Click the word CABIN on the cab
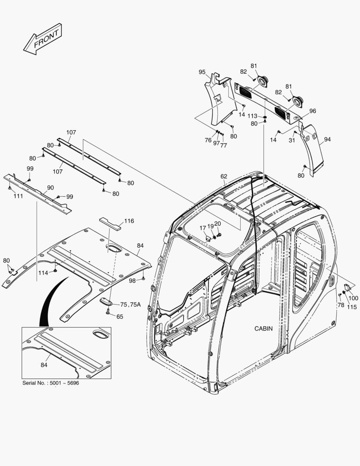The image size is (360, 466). (263, 328)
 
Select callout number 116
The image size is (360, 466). (129, 221)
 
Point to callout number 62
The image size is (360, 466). (224, 176)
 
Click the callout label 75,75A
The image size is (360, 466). (130, 305)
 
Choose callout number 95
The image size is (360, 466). (202, 72)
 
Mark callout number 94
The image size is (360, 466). (328, 139)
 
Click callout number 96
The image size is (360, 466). (313, 111)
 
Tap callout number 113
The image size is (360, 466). (253, 116)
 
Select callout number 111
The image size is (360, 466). (18, 196)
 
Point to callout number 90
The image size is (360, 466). (50, 188)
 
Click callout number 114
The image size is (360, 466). (43, 273)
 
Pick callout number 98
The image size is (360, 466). (132, 280)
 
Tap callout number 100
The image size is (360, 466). (354, 298)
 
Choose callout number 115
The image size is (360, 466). (352, 307)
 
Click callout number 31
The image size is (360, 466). (292, 140)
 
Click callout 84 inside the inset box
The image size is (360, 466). (44, 365)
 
